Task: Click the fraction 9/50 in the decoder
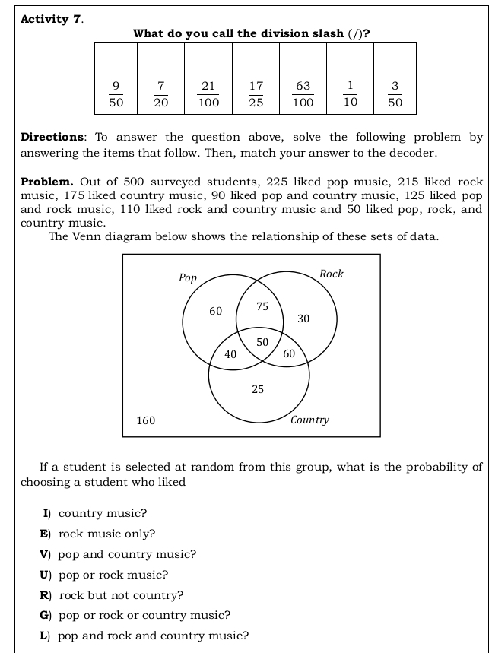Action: coord(116,94)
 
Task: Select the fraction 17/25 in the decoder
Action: coord(256,94)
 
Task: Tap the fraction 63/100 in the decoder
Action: coord(303,94)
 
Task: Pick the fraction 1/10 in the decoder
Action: coord(350,94)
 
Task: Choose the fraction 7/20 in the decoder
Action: coord(161,94)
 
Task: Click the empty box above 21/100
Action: coord(208,58)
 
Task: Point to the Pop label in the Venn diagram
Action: coord(188,278)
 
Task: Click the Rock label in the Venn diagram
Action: coord(332,274)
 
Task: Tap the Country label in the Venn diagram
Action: coord(310,420)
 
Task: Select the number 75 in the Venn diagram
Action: coord(263,306)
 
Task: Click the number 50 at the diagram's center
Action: coord(262,343)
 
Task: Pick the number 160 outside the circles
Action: coord(146,420)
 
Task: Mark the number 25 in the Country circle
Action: coord(258,389)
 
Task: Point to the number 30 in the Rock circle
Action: coord(303,319)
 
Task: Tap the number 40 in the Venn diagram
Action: coord(230,354)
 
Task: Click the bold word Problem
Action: coord(47,182)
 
